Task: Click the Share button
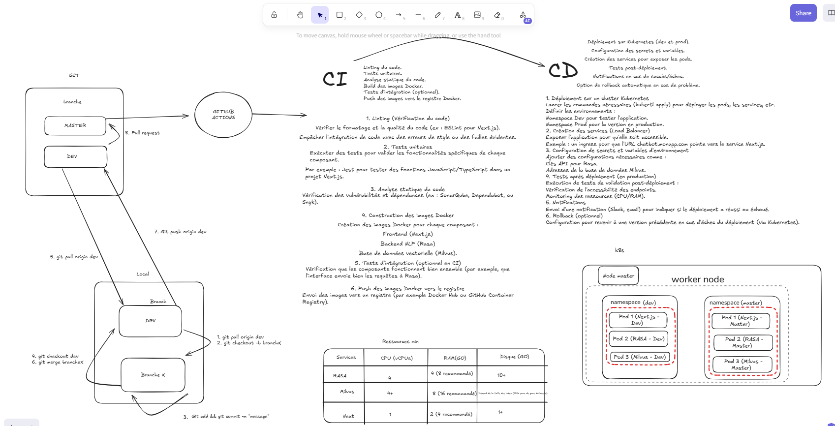[803, 13]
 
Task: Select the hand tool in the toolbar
[300, 15]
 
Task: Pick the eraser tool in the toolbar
[497, 15]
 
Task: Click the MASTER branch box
[75, 125]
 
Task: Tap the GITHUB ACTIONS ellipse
[223, 115]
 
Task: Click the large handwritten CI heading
[335, 79]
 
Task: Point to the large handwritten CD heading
[563, 71]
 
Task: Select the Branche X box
[153, 375]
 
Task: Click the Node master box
[619, 276]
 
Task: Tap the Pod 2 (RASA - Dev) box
[639, 339]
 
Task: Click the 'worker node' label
[698, 279]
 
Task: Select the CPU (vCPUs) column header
[397, 358]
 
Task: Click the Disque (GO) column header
[514, 357]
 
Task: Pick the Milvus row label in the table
[347, 392]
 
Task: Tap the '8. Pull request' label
[143, 133]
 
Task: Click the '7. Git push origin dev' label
[180, 232]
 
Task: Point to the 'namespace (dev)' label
[633, 303]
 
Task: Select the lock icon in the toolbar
[274, 15]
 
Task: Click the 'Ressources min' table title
[400, 341]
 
